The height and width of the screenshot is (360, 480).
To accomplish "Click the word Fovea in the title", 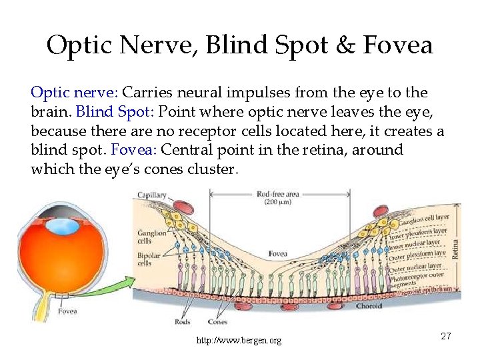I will [398, 46].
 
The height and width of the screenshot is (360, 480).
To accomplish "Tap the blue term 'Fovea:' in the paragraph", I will [133, 150].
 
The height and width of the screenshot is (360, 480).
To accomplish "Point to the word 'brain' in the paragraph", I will [49, 111].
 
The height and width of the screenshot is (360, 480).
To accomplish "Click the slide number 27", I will [445, 336].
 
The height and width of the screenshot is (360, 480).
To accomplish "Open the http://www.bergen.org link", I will [239, 341].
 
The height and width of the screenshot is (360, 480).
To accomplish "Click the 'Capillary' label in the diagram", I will [152, 195].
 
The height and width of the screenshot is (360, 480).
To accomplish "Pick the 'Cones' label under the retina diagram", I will [217, 321].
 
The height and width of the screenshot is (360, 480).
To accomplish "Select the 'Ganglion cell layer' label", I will [427, 219].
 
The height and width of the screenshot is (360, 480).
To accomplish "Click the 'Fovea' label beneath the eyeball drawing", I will [67, 311].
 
